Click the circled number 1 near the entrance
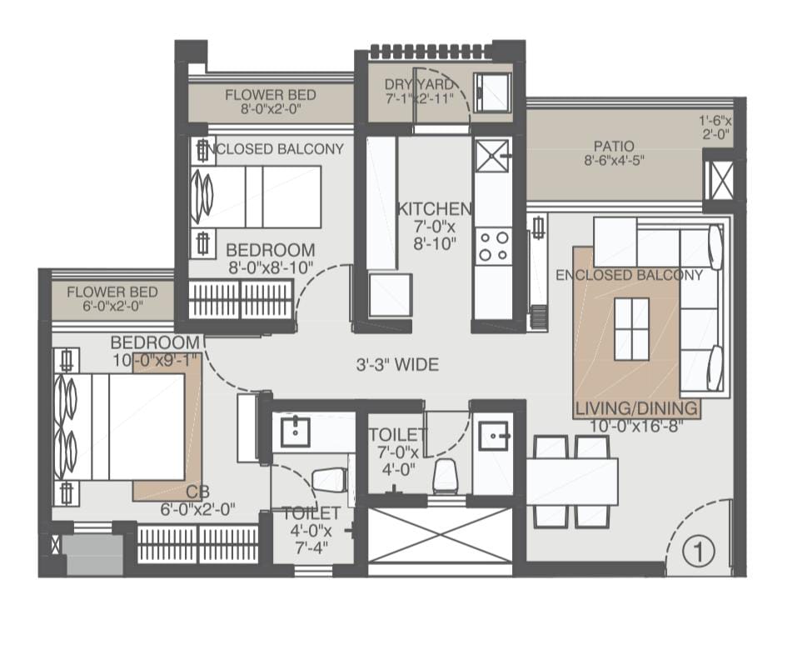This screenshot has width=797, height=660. point(699,551)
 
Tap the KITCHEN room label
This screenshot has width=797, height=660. point(434,209)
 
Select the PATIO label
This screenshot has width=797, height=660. point(614,146)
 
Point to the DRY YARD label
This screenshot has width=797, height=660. point(418,84)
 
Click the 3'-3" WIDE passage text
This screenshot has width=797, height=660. point(397,364)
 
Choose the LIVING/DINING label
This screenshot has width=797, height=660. point(636,407)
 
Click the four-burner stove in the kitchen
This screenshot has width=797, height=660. point(494,246)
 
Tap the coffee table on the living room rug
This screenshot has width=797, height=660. point(631,329)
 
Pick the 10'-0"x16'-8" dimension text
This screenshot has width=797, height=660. point(636,425)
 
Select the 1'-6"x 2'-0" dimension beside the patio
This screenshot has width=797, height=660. point(715,127)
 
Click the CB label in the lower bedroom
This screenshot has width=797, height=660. point(197,492)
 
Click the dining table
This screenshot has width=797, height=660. point(572,481)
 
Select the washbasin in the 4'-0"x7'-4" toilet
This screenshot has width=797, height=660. point(296,432)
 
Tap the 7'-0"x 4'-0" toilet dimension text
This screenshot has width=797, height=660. point(397,452)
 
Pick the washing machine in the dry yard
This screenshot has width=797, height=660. point(492,92)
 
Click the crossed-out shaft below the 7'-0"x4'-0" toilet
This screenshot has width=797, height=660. point(439,535)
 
